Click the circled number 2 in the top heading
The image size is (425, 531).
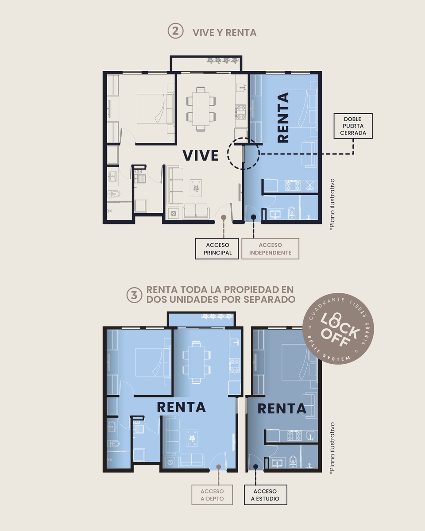(175, 31)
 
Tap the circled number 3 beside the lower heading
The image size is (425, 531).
(134, 295)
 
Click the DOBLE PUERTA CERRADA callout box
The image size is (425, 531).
(353, 126)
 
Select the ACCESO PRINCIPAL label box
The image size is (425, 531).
(217, 249)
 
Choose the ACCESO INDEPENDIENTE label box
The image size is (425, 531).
(270, 249)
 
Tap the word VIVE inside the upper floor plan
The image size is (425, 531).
(201, 155)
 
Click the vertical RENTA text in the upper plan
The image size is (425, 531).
(283, 117)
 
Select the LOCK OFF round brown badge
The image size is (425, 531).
(338, 329)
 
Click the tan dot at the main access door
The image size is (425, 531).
(224, 217)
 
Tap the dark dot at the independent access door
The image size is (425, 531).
(253, 217)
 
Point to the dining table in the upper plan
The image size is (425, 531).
(201, 109)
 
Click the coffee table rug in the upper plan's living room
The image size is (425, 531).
(196, 188)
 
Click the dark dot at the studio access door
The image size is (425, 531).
(255, 466)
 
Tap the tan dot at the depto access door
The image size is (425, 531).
(219, 466)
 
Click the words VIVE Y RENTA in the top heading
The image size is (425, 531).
(224, 33)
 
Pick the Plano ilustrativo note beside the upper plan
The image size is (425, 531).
(332, 204)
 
